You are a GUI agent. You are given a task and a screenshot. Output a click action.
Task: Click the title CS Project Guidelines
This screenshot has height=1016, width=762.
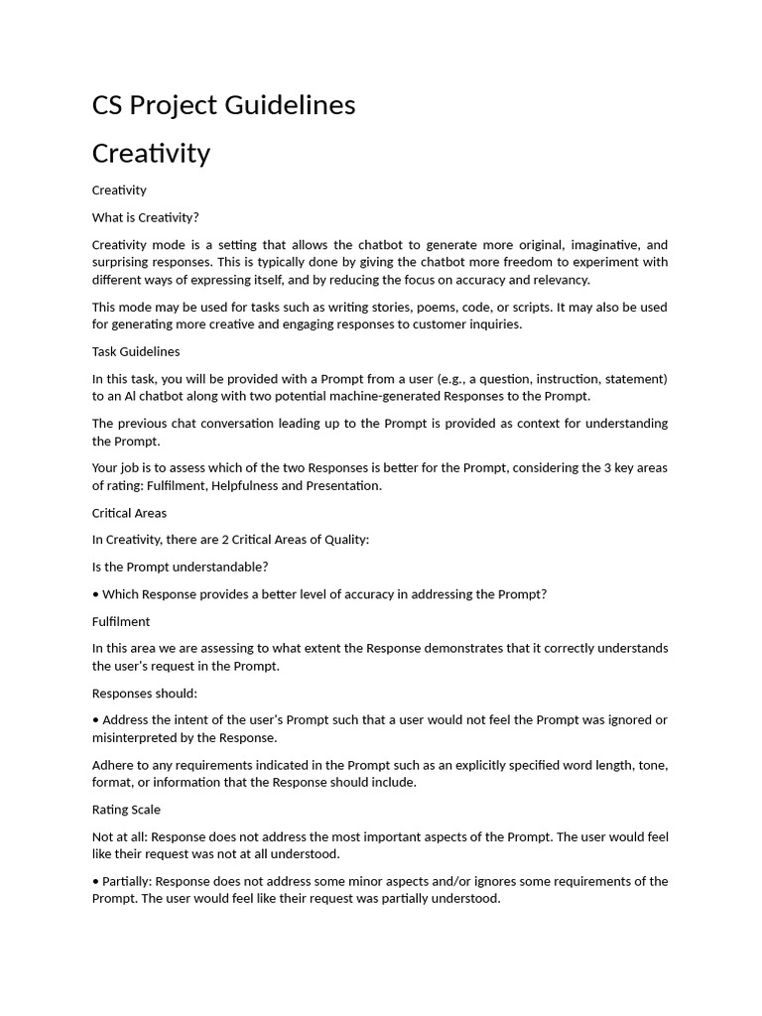[223, 105]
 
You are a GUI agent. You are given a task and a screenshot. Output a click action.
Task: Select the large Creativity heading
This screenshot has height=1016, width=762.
[151, 154]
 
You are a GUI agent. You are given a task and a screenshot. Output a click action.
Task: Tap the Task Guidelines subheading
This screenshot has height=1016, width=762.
[136, 351]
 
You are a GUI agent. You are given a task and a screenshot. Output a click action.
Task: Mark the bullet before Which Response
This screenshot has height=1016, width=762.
[95, 594]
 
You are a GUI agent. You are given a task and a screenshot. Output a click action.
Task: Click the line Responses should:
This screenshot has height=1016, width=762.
[144, 694]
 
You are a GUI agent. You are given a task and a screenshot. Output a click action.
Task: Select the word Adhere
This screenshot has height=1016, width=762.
[112, 765]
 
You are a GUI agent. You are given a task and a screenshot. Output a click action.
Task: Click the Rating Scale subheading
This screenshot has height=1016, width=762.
[126, 810]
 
